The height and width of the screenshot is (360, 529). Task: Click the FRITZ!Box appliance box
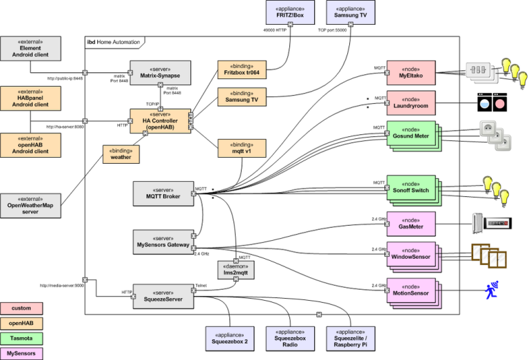tap(290, 12)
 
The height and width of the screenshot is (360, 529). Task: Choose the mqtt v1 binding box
tap(242, 149)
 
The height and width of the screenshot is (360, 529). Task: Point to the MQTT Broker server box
tap(163, 193)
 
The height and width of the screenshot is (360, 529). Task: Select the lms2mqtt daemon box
tap(236, 269)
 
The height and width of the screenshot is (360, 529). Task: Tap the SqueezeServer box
tap(163, 296)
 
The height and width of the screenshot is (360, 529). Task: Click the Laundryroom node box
tap(411, 101)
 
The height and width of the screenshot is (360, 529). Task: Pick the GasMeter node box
tap(411, 222)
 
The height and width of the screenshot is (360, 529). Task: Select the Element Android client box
tap(30, 49)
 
